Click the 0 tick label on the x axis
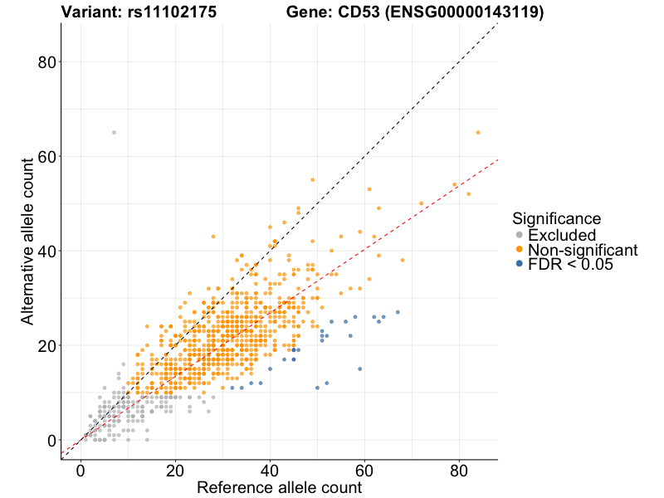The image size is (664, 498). click(81, 470)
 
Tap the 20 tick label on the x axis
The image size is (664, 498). click(175, 470)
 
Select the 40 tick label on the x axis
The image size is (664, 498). click(270, 470)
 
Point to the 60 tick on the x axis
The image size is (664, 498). click(364, 470)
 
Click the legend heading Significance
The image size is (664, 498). click(556, 219)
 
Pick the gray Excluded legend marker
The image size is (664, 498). click(520, 235)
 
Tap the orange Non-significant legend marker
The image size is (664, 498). click(520, 250)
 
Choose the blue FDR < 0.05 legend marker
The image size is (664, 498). click(520, 264)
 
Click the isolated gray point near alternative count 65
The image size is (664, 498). click(114, 133)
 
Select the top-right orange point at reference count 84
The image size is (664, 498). click(478, 133)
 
